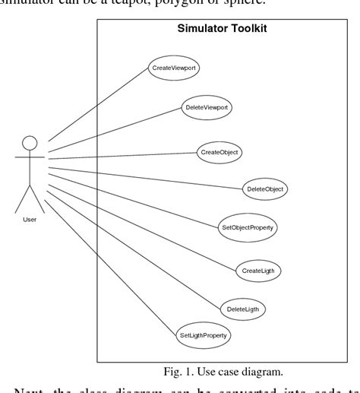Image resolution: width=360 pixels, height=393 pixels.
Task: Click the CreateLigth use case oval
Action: coord(259,269)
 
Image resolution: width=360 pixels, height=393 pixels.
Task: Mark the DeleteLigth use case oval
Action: coord(246,309)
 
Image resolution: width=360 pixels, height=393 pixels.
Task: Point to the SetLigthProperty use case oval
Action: coord(204,334)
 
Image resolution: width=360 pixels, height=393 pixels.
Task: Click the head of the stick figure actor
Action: coord(30,142)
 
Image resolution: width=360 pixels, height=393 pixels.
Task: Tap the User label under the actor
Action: coord(30,219)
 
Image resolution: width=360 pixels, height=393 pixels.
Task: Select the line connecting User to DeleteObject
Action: coord(144,173)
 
